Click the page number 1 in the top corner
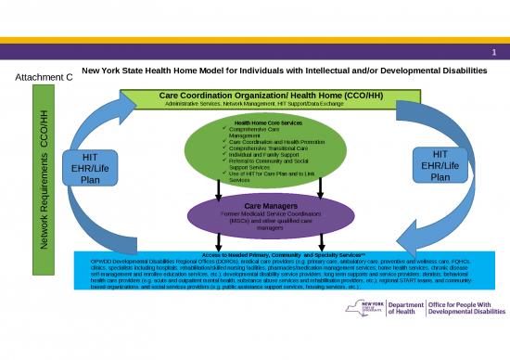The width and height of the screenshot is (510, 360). (496, 52)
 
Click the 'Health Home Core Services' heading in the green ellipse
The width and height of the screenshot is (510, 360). (267, 122)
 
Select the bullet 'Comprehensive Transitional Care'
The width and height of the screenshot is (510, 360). (268, 148)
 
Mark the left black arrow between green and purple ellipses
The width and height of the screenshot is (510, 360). (217, 188)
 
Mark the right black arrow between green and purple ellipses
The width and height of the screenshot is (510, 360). (319, 188)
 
